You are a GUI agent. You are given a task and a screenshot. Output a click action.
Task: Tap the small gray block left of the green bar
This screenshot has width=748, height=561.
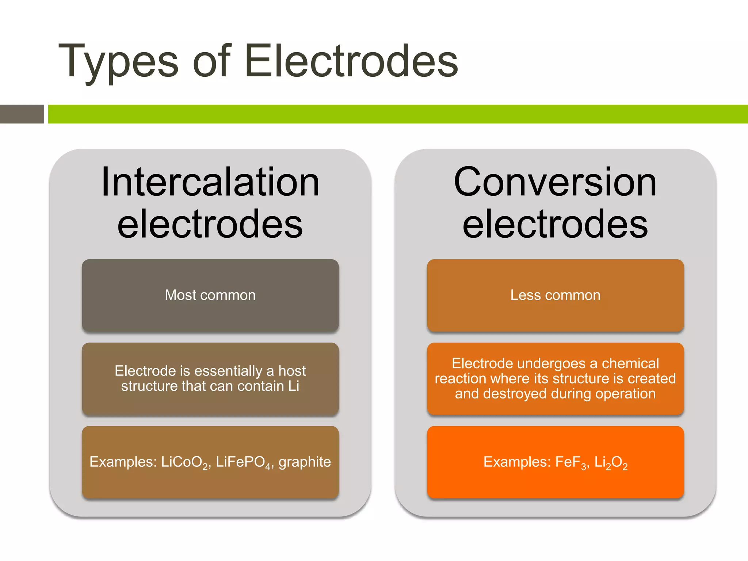[22, 114]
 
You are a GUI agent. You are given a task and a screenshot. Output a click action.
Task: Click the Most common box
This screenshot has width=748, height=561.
[210, 295]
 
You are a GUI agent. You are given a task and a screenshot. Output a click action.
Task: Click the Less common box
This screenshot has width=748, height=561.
[555, 295]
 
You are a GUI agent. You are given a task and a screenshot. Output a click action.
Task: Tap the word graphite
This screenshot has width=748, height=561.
[305, 462]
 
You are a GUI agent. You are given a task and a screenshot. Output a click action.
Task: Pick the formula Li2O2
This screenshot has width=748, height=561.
[611, 462]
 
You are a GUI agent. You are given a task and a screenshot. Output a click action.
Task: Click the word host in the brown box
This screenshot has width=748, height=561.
[292, 371]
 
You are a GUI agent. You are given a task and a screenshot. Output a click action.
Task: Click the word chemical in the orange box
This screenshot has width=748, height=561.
[630, 363]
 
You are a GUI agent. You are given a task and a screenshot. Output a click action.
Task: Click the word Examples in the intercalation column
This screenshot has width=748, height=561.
[123, 462]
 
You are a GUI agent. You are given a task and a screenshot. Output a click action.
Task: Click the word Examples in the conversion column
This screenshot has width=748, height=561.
[517, 462]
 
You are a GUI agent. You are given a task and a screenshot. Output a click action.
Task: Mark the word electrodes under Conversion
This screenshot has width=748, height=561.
[555, 224]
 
